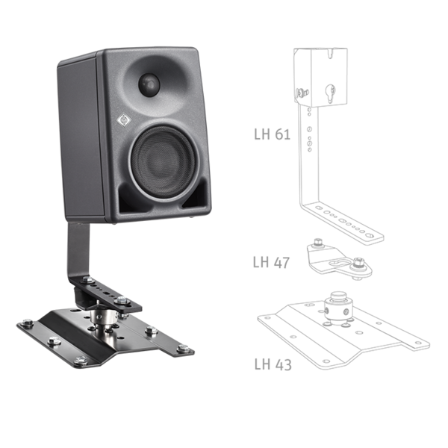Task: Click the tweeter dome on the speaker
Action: tap(150, 83)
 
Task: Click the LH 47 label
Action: tap(271, 262)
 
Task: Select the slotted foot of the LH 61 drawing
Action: tap(343, 223)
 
